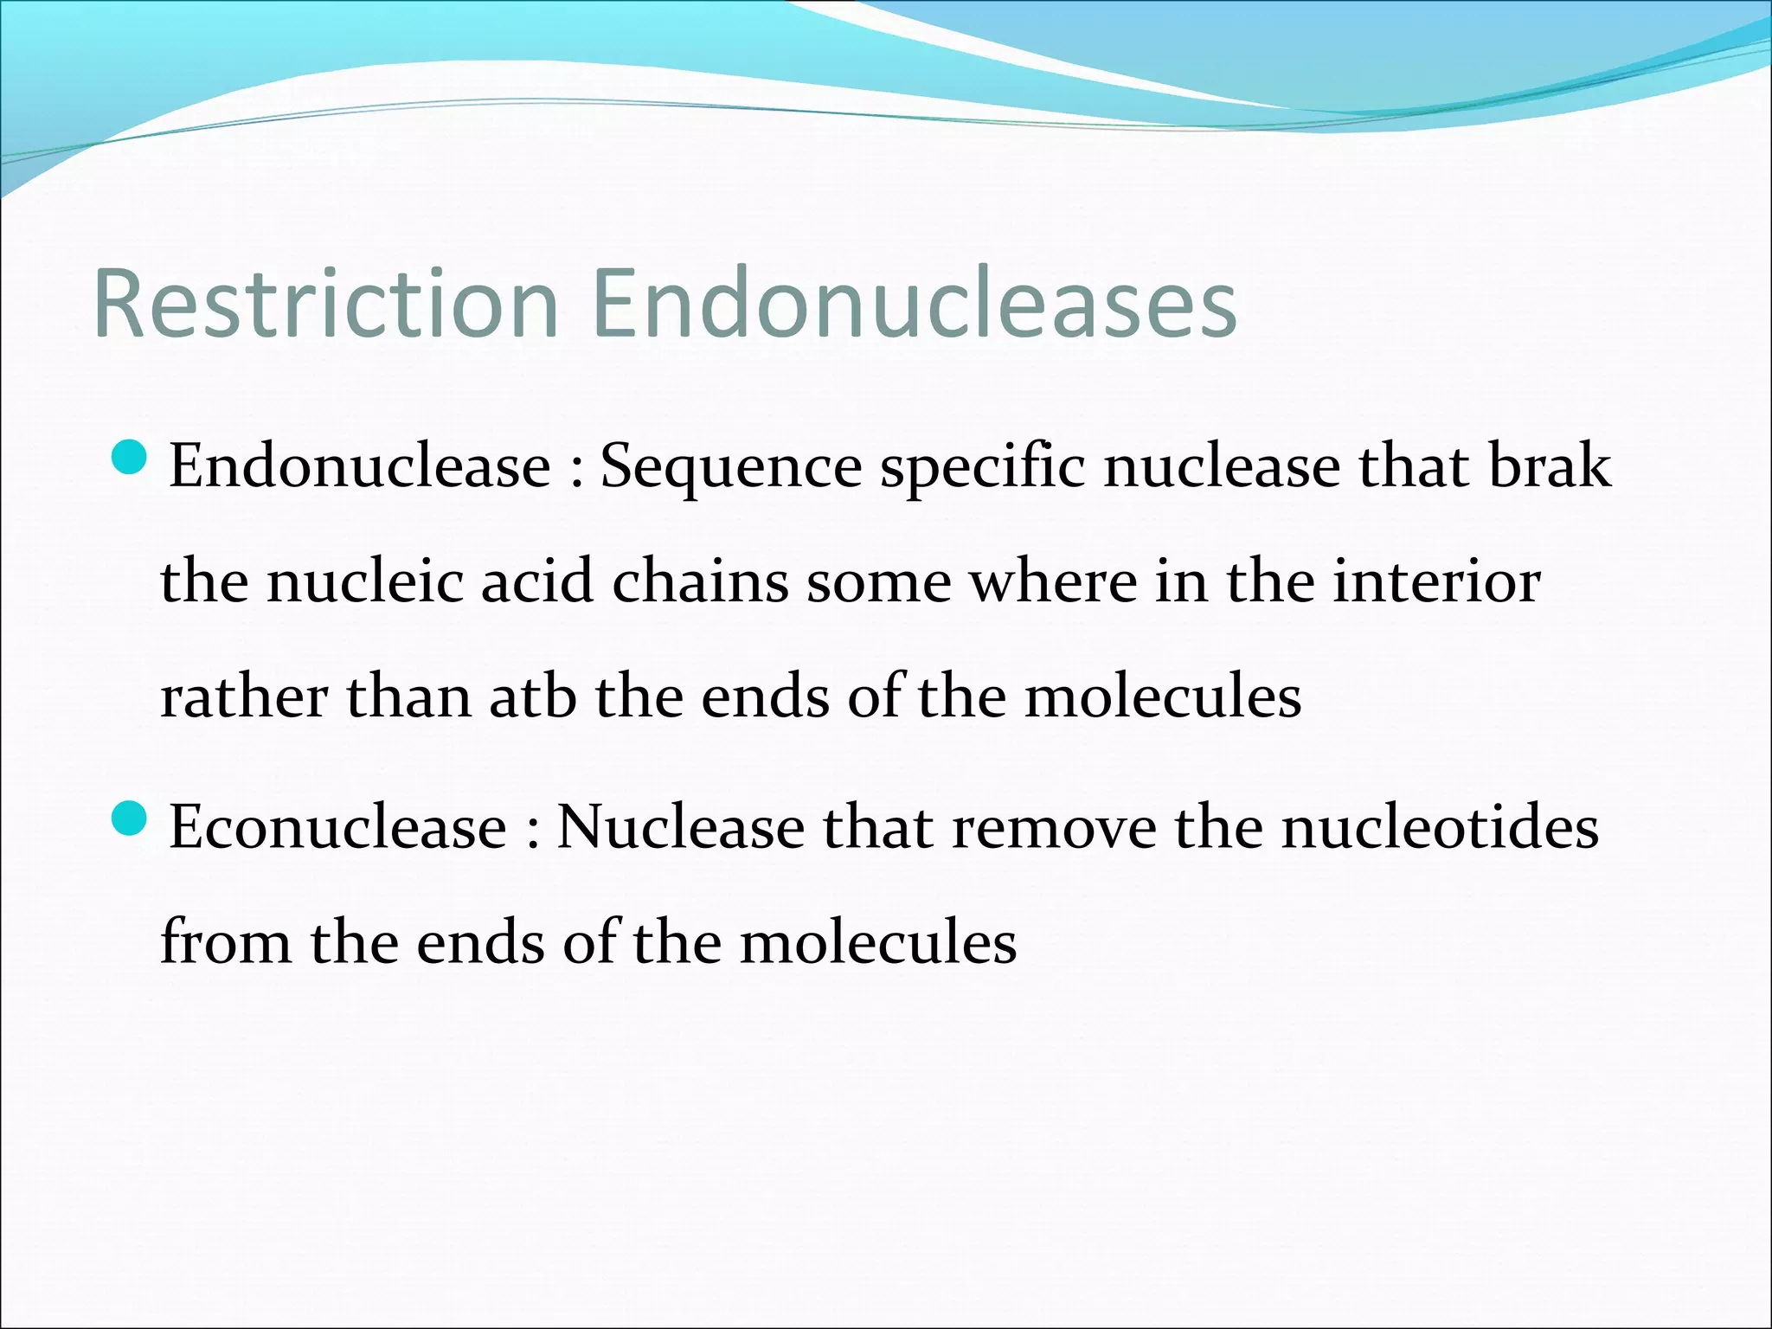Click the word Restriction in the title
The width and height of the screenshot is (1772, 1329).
(325, 305)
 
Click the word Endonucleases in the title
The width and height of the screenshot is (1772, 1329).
(915, 305)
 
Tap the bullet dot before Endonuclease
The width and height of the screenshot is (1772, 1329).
(131, 458)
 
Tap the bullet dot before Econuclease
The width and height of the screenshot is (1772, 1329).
(131, 818)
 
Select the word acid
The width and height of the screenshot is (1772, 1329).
(536, 581)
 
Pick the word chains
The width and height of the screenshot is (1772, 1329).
(700, 581)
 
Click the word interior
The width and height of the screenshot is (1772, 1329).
(1436, 581)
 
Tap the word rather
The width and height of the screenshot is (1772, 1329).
(244, 697)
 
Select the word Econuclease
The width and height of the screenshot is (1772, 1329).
(337, 828)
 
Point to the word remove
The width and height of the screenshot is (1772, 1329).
(1054, 828)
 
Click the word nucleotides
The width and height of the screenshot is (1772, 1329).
(1440, 828)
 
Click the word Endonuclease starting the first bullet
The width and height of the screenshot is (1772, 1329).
(359, 467)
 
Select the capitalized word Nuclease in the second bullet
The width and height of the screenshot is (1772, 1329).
(680, 828)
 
